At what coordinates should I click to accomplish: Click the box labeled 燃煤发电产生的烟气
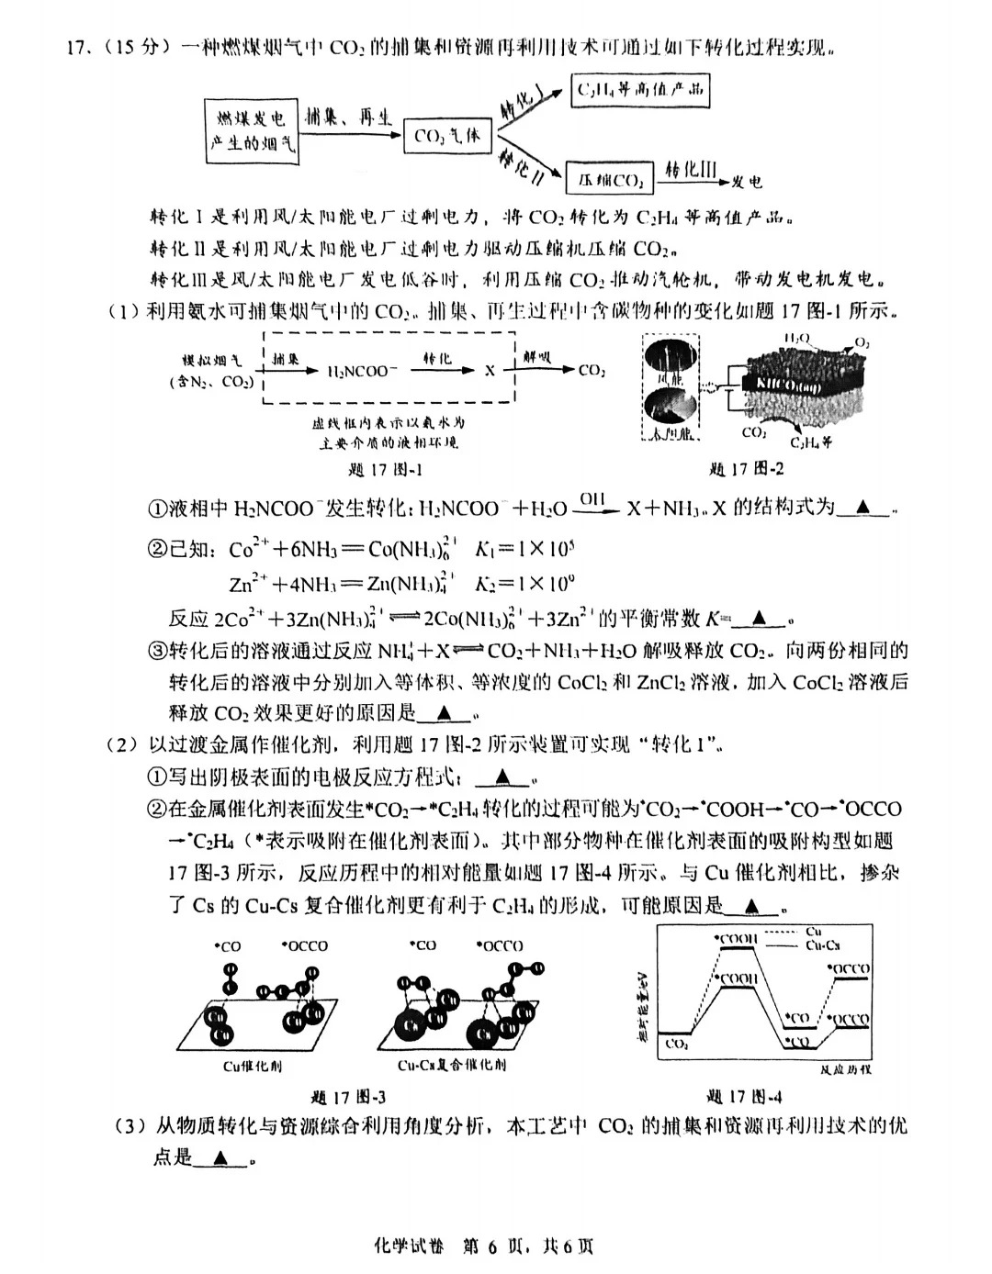(x=252, y=131)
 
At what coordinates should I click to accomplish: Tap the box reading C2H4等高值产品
(x=639, y=90)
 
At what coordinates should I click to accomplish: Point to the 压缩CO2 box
(x=609, y=179)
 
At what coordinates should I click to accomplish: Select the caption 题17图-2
(x=746, y=469)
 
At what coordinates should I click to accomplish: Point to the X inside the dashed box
(x=490, y=371)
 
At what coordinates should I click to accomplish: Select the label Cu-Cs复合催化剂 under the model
(x=451, y=1066)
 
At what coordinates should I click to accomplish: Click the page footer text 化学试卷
(x=409, y=1246)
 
